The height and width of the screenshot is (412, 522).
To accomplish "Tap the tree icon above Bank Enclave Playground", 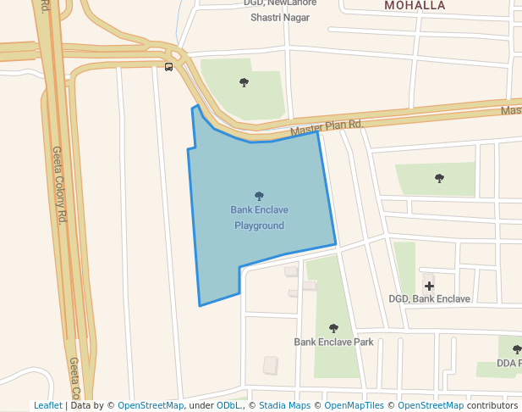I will pyautogui.click(x=259, y=196).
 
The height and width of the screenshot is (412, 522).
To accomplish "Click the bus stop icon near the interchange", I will pyautogui.click(x=169, y=67).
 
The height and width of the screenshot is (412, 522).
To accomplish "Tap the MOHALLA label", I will pyautogui.click(x=415, y=5).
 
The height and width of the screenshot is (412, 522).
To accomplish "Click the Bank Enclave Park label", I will pyautogui.click(x=333, y=342).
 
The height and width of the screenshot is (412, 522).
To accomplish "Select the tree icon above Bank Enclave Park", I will pyautogui.click(x=333, y=328).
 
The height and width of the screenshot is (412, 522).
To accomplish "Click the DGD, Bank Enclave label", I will pyautogui.click(x=429, y=298).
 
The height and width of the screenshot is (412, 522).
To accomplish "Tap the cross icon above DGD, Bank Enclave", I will pyautogui.click(x=429, y=286).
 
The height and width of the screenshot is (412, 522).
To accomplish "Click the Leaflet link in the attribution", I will pyautogui.click(x=48, y=406).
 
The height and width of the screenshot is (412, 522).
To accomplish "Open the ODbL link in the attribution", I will pyautogui.click(x=228, y=406).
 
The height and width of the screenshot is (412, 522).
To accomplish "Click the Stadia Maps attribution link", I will pyautogui.click(x=284, y=406).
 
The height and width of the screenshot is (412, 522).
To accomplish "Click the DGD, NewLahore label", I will pyautogui.click(x=280, y=3).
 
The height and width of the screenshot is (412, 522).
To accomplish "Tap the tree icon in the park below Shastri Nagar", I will pyautogui.click(x=245, y=82).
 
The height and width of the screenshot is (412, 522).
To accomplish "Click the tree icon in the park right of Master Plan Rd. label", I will pyautogui.click(x=439, y=178).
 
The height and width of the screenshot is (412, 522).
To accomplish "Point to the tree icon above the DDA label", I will pyautogui.click(x=516, y=349).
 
